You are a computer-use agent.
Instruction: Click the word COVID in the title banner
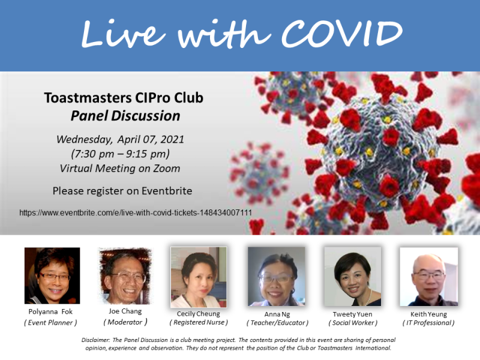click(341, 33)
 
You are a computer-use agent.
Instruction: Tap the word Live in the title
click(123, 33)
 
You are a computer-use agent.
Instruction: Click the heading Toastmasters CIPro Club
click(124, 98)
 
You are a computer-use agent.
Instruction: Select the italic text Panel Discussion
click(125, 116)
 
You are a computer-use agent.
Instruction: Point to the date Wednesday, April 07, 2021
click(121, 139)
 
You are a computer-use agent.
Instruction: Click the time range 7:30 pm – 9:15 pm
click(121, 154)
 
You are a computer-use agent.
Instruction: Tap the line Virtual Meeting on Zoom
click(120, 168)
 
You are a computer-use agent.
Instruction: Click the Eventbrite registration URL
click(136, 212)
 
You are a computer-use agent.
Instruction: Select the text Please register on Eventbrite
click(122, 191)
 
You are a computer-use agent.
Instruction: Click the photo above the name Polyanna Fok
click(52, 275)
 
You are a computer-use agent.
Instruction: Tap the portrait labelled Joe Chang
click(125, 275)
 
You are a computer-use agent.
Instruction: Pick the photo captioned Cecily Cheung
click(199, 277)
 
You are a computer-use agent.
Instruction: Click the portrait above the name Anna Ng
click(277, 277)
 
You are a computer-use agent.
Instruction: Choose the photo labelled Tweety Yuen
click(353, 277)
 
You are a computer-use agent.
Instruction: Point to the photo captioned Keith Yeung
click(429, 277)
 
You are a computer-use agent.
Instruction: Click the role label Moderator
click(125, 322)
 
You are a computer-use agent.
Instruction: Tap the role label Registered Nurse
click(199, 322)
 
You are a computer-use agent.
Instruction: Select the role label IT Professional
click(428, 323)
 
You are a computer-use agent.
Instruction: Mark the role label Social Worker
click(353, 323)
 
